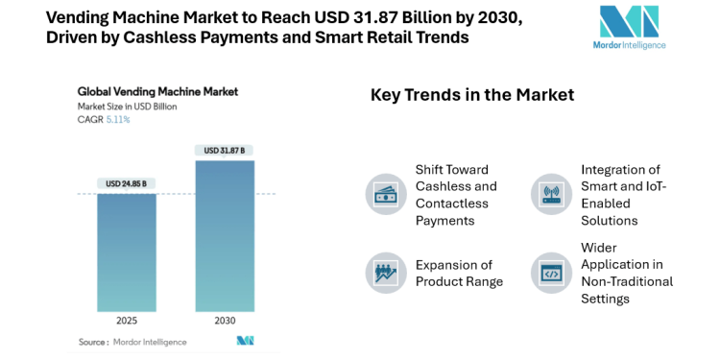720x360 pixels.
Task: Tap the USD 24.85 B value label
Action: (x=127, y=183)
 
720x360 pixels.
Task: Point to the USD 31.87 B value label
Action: (x=225, y=150)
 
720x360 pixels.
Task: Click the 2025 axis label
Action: (x=127, y=320)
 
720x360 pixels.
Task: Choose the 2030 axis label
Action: (x=225, y=320)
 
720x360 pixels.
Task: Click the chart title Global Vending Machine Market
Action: (x=157, y=92)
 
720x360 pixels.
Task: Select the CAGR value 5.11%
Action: (x=118, y=120)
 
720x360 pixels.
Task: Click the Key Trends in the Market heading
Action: (x=472, y=95)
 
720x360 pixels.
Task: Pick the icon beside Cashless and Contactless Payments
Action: (x=385, y=194)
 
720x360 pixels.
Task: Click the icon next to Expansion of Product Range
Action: (x=385, y=273)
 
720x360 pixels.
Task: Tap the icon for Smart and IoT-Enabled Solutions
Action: (x=551, y=194)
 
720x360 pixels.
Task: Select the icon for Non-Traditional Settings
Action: (x=551, y=273)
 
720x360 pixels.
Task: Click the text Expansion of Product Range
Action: (x=459, y=273)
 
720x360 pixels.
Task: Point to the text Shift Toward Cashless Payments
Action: (x=456, y=194)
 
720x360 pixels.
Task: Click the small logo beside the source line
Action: (x=245, y=341)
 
